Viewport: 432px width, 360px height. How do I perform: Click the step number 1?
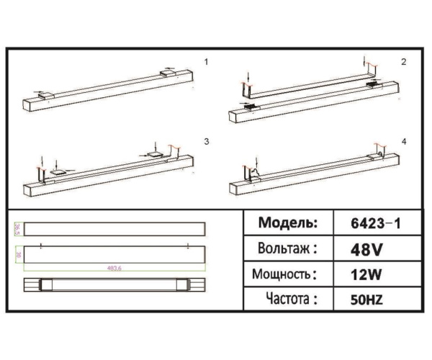pyautogui.click(x=206, y=62)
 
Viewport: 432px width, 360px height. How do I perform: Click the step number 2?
pyautogui.click(x=403, y=62)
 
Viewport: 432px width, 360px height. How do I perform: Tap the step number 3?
pyautogui.click(x=206, y=141)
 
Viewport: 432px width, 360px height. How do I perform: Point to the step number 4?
pyautogui.click(x=403, y=141)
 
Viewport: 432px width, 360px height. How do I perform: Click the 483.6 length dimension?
pyautogui.click(x=113, y=268)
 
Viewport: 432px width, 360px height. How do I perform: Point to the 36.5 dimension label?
pyautogui.click(x=17, y=228)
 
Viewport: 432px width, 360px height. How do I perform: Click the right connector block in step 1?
pyautogui.click(x=168, y=72)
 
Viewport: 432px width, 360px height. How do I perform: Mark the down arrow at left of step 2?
pyautogui.click(x=247, y=75)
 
